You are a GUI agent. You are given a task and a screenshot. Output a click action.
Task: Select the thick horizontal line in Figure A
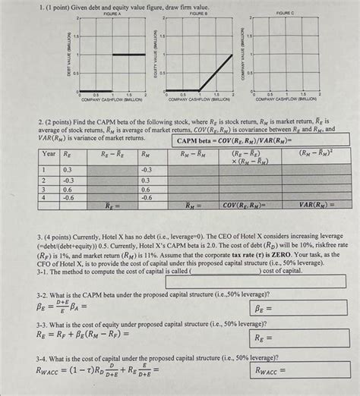click(128, 54)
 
